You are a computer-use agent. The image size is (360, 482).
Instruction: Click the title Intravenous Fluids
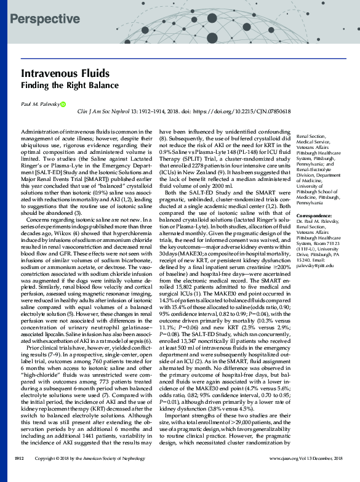(54, 73)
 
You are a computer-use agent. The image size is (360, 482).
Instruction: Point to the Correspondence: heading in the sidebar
(316, 217)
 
